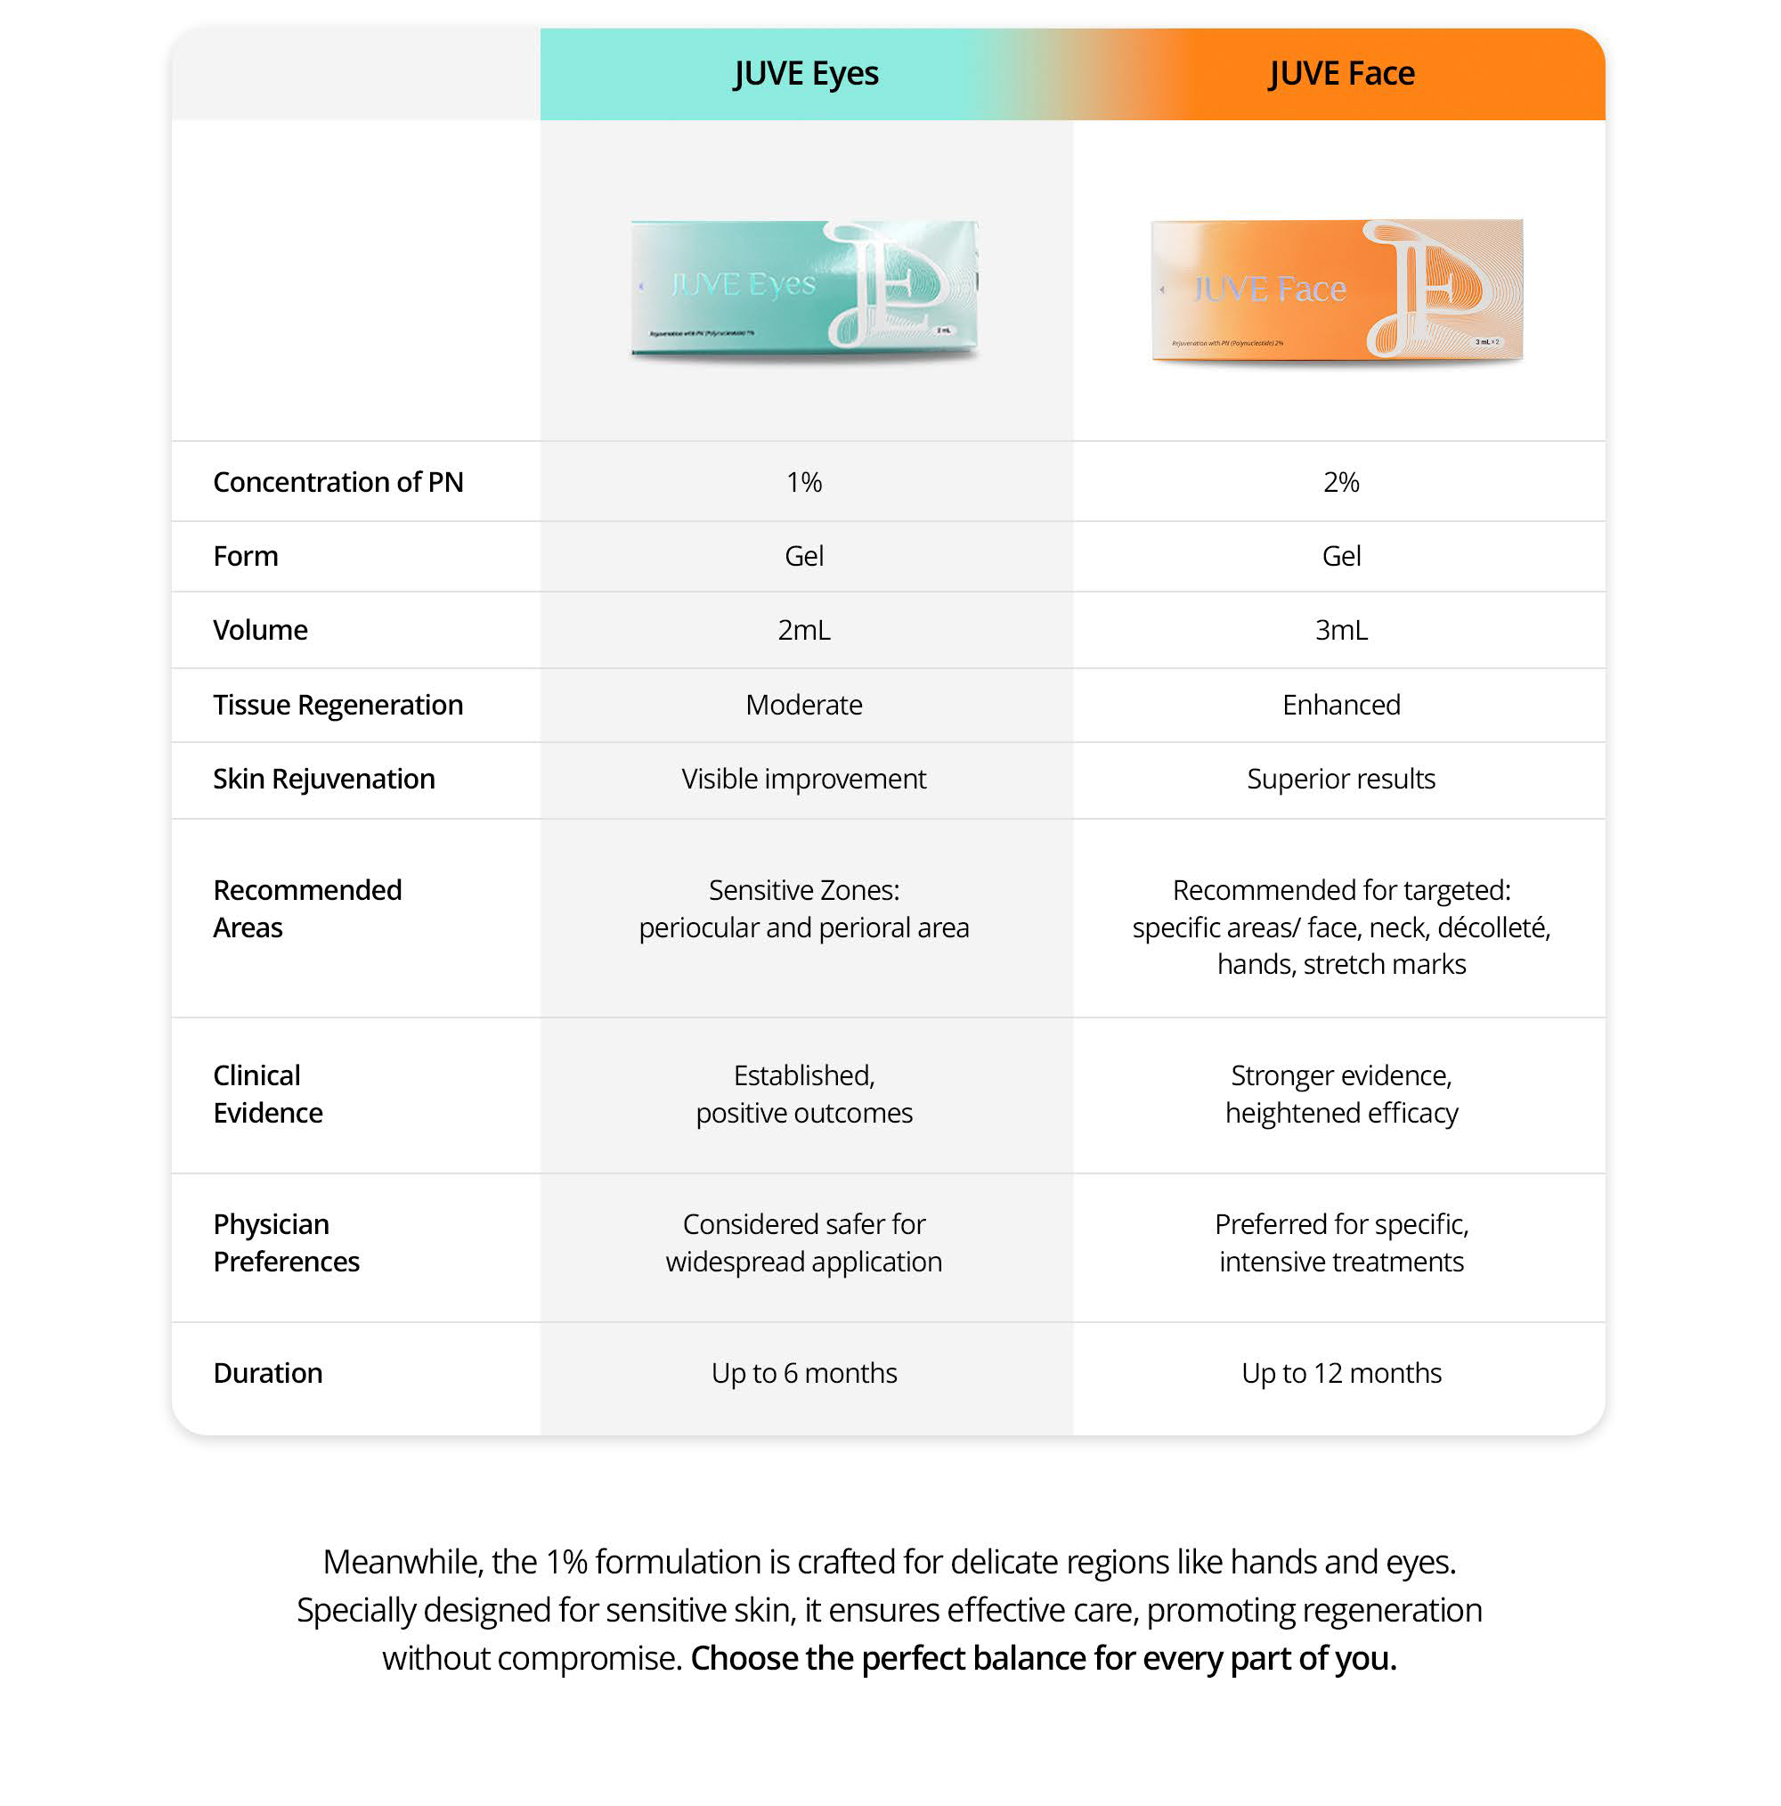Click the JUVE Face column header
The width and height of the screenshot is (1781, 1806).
click(x=1341, y=73)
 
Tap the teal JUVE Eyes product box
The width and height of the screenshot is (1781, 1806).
click(x=803, y=287)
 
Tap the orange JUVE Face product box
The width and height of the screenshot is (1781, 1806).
click(x=1337, y=289)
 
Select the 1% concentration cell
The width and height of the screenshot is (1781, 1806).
click(x=803, y=481)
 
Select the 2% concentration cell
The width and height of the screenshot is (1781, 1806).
click(x=1341, y=481)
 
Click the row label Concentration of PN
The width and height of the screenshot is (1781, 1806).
click(x=338, y=481)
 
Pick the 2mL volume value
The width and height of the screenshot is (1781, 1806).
click(x=803, y=630)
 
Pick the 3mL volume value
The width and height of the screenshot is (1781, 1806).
click(x=1341, y=630)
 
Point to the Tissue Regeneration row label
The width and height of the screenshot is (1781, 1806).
click(x=338, y=705)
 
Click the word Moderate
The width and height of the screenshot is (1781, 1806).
click(x=803, y=705)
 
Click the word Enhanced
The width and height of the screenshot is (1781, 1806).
click(x=1341, y=705)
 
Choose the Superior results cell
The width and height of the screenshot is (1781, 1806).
click(x=1341, y=779)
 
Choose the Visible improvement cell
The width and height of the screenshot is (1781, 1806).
click(x=803, y=779)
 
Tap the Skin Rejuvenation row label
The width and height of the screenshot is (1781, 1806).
click(x=324, y=779)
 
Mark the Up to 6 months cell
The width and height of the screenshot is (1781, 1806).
click(x=803, y=1372)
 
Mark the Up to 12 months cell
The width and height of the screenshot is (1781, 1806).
click(x=1341, y=1372)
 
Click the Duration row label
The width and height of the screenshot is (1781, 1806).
click(x=268, y=1372)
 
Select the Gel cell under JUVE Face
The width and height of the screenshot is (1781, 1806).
click(x=1341, y=556)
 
